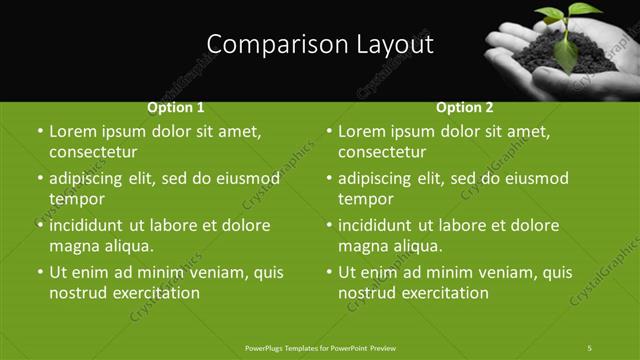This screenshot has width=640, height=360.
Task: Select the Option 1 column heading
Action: [x=176, y=107]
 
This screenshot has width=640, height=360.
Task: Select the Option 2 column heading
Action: [x=465, y=107]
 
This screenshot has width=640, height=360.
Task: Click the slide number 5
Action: [x=590, y=347]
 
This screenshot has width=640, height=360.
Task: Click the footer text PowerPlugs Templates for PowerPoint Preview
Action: [x=320, y=347]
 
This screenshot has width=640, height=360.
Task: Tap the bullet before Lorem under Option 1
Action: [x=39, y=132]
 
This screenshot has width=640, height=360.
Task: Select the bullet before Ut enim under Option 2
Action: [x=329, y=272]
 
